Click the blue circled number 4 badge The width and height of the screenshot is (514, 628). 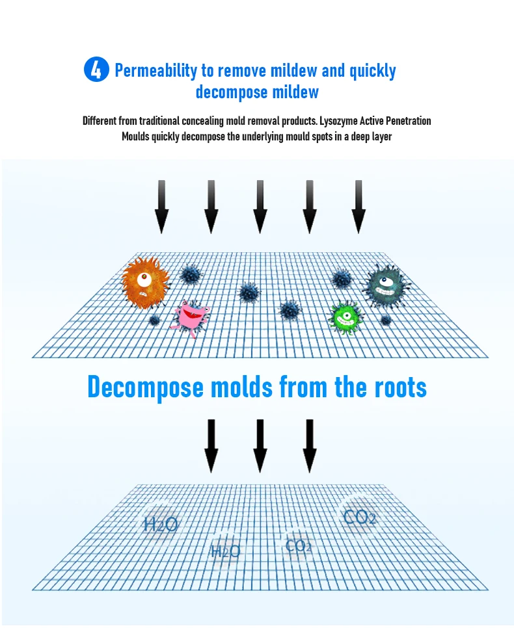(x=96, y=70)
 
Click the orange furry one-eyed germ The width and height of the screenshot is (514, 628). (x=145, y=281)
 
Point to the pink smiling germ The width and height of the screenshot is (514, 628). (x=190, y=317)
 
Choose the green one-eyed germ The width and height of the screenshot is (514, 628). (x=345, y=317)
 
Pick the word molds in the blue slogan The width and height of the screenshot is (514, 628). (x=241, y=387)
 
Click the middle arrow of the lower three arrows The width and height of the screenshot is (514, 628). (x=260, y=445)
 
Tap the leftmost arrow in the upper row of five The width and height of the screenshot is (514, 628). (x=162, y=207)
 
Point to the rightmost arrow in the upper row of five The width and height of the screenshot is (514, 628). (x=358, y=207)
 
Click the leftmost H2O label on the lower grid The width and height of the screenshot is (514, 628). (x=160, y=524)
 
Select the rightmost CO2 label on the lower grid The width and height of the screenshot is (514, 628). (x=359, y=518)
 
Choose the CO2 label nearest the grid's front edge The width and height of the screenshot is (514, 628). (x=299, y=546)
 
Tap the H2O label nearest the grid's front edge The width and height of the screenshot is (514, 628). (x=225, y=552)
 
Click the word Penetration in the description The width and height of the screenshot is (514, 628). (x=406, y=121)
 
